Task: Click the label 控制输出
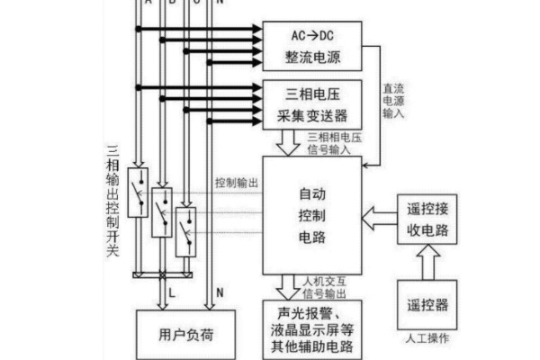coord(237,182)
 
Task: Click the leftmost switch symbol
coord(138,192)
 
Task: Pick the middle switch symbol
coord(161,212)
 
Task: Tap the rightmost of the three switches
coord(185,231)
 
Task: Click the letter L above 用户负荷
coord(170,292)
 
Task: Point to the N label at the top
coord(220,4)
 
